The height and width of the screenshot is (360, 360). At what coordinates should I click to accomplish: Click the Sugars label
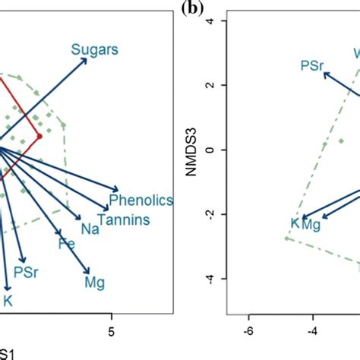pos(95,50)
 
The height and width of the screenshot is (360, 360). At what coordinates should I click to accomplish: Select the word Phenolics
pos(141,201)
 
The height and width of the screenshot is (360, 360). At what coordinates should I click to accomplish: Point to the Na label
pos(90,229)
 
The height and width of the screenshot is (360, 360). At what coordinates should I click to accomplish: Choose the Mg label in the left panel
pos(95,283)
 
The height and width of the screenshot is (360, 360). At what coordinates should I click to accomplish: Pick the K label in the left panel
pos(10,301)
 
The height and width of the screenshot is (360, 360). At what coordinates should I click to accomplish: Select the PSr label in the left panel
pos(26,271)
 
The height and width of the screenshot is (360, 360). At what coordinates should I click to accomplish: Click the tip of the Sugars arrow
pos(87,59)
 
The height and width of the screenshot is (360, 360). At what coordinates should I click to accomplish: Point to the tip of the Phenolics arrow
pos(119,190)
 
